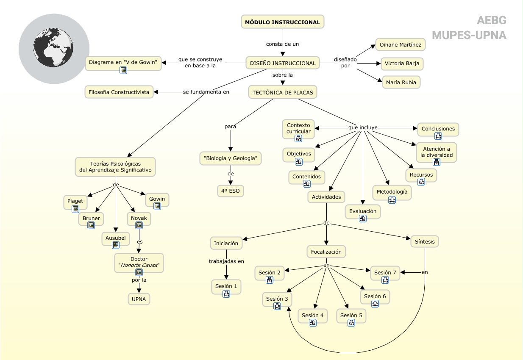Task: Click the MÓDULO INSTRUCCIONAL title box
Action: point(283,22)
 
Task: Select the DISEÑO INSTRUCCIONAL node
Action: point(283,63)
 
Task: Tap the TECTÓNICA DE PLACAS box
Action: point(283,92)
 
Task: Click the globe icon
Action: point(54,48)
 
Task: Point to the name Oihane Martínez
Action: point(400,44)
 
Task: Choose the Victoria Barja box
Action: point(402,64)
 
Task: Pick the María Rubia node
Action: point(401,82)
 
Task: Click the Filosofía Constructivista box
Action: point(119,92)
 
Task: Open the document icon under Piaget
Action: point(75,209)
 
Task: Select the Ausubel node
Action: point(115,238)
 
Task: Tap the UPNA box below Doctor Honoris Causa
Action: point(139,299)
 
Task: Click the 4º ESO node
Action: point(231,191)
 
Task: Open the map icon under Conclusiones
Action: point(438,136)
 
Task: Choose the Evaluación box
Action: point(362,211)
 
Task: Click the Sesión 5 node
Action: point(351,315)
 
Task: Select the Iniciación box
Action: point(226,243)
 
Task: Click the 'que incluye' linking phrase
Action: point(363,127)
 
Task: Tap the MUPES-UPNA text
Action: point(469,35)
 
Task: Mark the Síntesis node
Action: point(425,241)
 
